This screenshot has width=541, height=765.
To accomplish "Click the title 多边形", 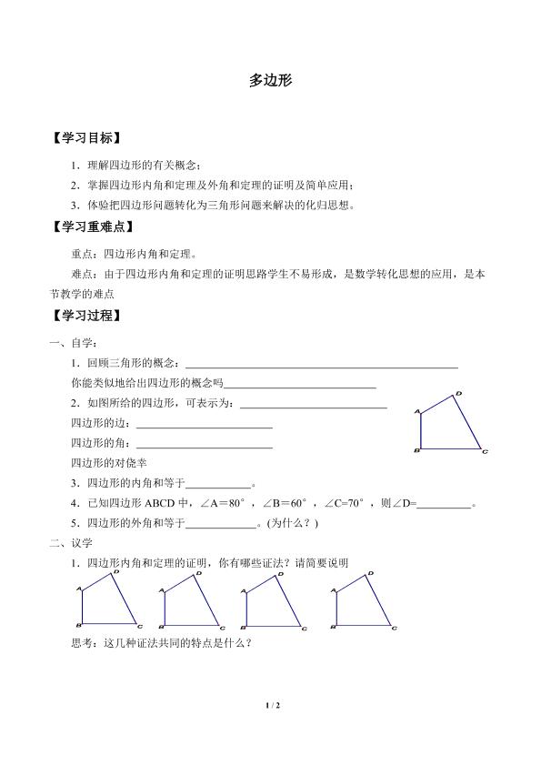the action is point(270,80).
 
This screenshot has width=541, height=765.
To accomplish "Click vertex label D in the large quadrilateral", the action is point(457,393).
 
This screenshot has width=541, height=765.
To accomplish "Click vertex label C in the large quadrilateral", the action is point(486,451).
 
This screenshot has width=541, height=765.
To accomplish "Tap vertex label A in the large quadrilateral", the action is point(417,413).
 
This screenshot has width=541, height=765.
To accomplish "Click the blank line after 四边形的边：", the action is point(204,426).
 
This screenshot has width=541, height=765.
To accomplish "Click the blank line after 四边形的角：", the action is point(204,446).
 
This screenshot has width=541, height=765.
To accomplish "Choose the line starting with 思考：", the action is point(161,643).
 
